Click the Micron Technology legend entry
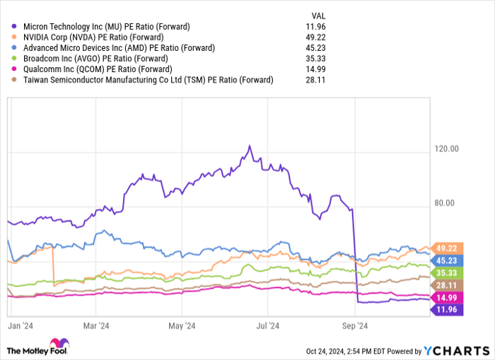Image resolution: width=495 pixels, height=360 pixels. tap(106, 27)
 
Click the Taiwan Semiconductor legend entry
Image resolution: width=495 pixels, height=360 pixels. tap(146, 80)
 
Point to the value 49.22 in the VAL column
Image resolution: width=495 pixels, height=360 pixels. tap(320, 37)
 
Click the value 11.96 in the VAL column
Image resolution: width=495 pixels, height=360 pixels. tap(320, 27)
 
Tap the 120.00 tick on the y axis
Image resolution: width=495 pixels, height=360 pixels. tap(447, 149)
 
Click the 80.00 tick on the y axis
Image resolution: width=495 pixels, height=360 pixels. tap(445, 203)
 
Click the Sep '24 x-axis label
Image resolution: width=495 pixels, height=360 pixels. tap(355, 326)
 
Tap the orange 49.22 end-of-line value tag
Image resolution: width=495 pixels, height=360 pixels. tap(447, 248)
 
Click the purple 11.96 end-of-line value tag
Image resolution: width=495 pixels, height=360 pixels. tap(447, 310)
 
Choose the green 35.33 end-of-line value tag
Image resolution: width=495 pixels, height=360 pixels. tap(447, 272)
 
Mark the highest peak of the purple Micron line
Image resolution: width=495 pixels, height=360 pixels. tap(249, 146)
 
